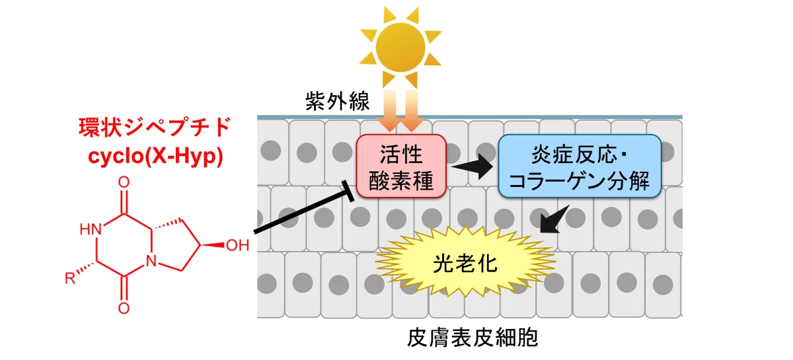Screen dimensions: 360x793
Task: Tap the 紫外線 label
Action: (332, 101)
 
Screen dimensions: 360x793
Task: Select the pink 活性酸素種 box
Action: (400, 166)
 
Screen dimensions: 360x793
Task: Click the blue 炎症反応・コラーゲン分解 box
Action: (580, 166)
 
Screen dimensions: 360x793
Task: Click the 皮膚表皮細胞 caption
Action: (473, 339)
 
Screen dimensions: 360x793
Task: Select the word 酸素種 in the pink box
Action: (400, 180)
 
